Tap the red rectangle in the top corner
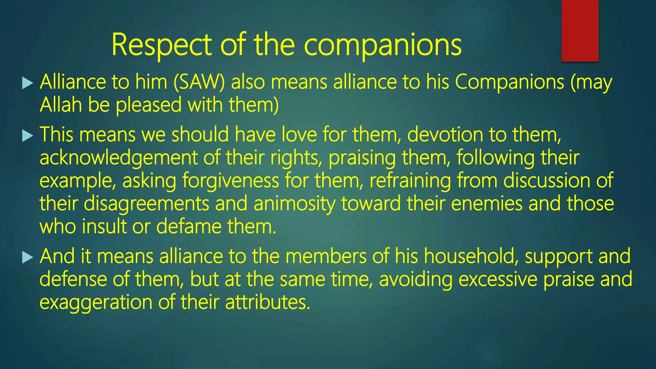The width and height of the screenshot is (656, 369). (580, 30)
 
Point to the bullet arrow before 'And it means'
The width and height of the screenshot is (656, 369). (28, 257)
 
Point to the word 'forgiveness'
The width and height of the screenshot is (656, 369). (231, 181)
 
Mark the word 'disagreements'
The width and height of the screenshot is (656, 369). (146, 204)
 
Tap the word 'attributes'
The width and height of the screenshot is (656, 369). (267, 302)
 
